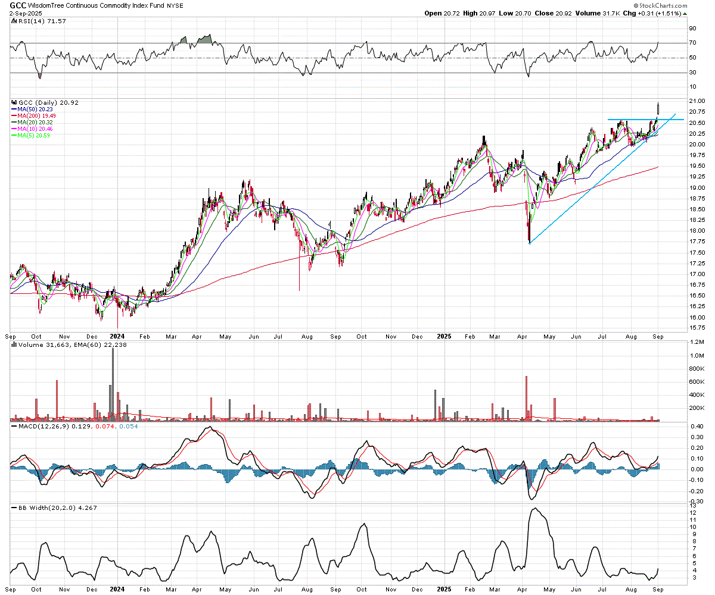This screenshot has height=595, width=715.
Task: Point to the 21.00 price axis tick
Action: [697, 101]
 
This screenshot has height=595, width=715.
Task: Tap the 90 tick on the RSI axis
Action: [693, 28]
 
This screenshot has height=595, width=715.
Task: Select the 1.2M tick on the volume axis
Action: [697, 342]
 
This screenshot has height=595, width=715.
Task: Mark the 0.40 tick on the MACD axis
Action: [696, 426]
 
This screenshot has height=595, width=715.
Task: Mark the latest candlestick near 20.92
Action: [658, 108]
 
